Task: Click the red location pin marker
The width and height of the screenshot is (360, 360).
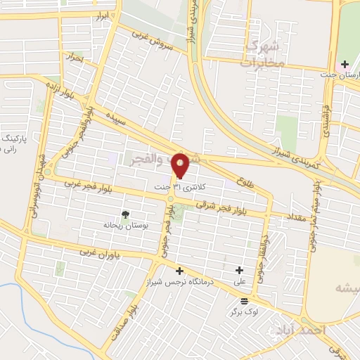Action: pos(181,165)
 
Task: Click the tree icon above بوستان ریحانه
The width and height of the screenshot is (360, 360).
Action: pos(126,215)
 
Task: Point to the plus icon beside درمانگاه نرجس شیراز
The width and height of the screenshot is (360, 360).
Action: pos(179,271)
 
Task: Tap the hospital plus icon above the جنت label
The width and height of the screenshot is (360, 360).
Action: pos(344,65)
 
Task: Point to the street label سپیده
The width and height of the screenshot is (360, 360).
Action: pos(116,117)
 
